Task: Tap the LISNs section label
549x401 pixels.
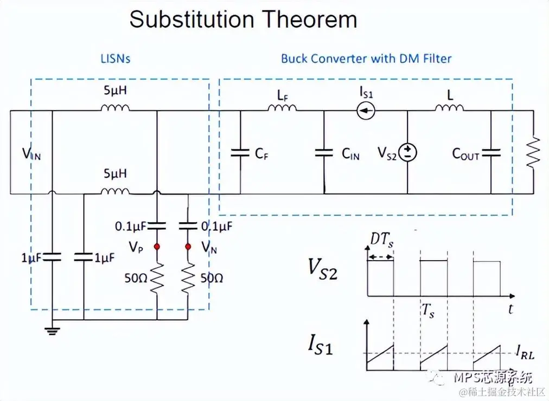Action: pos(116,59)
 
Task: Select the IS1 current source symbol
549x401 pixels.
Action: pos(366,112)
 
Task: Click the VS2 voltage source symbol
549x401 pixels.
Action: pos(407,152)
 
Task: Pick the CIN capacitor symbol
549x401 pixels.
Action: pos(324,153)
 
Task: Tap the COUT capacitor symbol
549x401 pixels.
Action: pos(491,153)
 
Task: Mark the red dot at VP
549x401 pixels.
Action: pos(157,247)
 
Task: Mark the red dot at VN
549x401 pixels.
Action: pos(188,247)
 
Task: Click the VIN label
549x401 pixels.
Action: pos(31,154)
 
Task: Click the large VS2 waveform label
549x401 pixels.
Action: pos(322,269)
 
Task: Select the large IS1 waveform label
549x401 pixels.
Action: pos(320,345)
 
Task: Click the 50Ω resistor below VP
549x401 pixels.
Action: pos(157,278)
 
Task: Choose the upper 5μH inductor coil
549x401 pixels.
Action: pos(115,108)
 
